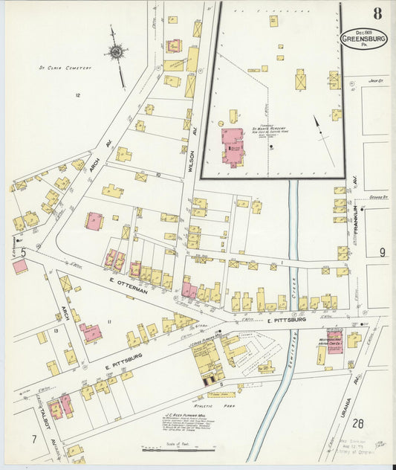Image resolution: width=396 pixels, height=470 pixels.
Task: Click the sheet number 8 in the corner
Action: (377, 13)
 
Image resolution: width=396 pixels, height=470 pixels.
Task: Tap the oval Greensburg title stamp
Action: (363, 38)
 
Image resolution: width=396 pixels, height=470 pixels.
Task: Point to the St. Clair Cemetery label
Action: (65, 68)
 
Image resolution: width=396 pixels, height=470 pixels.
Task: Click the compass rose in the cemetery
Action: (117, 53)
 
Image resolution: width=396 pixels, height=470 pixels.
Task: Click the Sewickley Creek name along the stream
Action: (302, 297)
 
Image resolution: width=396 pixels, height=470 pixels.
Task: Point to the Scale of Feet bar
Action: (178, 449)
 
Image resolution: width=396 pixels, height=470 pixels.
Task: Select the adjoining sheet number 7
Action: (34, 439)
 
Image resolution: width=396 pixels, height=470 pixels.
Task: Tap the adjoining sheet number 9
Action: (382, 252)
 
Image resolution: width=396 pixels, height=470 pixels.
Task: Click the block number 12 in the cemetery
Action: (77, 95)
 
